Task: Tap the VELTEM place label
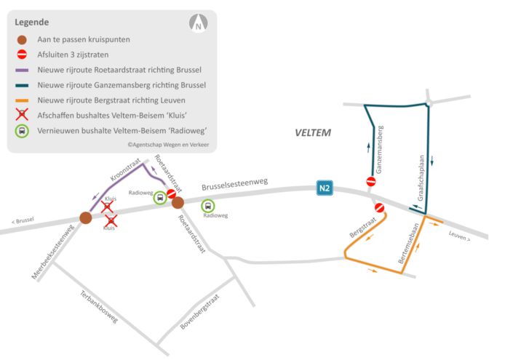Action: (313, 133)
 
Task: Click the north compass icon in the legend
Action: (198, 24)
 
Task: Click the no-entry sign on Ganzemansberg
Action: (371, 182)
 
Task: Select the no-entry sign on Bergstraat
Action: (379, 208)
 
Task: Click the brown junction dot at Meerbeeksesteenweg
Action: (85, 217)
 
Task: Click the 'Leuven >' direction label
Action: (459, 236)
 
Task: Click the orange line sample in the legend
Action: (23, 100)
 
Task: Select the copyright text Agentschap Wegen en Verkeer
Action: (168, 145)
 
